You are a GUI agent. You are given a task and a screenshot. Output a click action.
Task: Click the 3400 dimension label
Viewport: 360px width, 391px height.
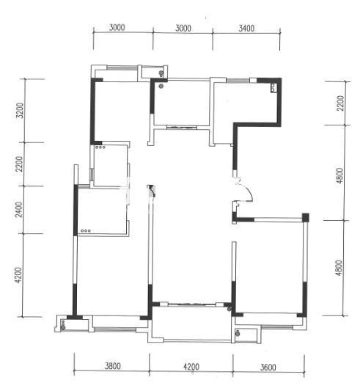pyautogui.click(x=246, y=28)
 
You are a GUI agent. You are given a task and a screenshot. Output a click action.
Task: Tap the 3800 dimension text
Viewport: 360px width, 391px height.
pyautogui.click(x=113, y=366)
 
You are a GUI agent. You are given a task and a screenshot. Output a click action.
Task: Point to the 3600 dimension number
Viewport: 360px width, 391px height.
pyautogui.click(x=268, y=368)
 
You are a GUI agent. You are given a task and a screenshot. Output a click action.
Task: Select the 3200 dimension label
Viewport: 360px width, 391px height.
pyautogui.click(x=20, y=110)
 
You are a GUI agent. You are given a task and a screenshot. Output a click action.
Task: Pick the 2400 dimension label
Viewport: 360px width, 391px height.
pyautogui.click(x=19, y=210)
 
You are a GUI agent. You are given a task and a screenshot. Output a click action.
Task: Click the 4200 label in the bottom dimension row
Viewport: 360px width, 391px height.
pyautogui.click(x=191, y=367)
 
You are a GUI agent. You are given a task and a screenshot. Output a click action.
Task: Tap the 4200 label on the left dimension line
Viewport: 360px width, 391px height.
pyautogui.click(x=19, y=275)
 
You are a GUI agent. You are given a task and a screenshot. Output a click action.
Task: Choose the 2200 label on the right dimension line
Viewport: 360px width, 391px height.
pyautogui.click(x=340, y=103)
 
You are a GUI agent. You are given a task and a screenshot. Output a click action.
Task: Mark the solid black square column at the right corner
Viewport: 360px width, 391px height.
pyautogui.click(x=306, y=217)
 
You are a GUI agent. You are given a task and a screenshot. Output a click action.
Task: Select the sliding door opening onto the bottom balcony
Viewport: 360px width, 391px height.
pyautogui.click(x=191, y=304)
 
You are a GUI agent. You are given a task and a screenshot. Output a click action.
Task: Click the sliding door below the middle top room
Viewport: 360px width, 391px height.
pyautogui.click(x=182, y=128)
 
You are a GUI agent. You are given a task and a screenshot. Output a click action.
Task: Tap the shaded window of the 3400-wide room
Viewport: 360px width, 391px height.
pyautogui.click(x=238, y=80)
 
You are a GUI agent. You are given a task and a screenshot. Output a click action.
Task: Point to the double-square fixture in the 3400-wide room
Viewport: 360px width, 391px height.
pyautogui.click(x=273, y=88)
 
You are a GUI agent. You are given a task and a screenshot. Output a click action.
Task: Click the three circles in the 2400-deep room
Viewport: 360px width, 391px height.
pyautogui.click(x=86, y=231)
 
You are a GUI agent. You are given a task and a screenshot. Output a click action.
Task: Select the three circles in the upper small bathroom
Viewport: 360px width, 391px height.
pyautogui.click(x=100, y=147)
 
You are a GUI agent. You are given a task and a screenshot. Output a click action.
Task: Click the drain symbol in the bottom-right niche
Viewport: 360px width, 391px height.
pyautogui.click(x=238, y=332)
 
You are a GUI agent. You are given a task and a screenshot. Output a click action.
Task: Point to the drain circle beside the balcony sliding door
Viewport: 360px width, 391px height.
pyautogui.click(x=229, y=310)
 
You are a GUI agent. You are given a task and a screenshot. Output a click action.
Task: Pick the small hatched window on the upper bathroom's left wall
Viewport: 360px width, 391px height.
pyautogui.click(x=92, y=174)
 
